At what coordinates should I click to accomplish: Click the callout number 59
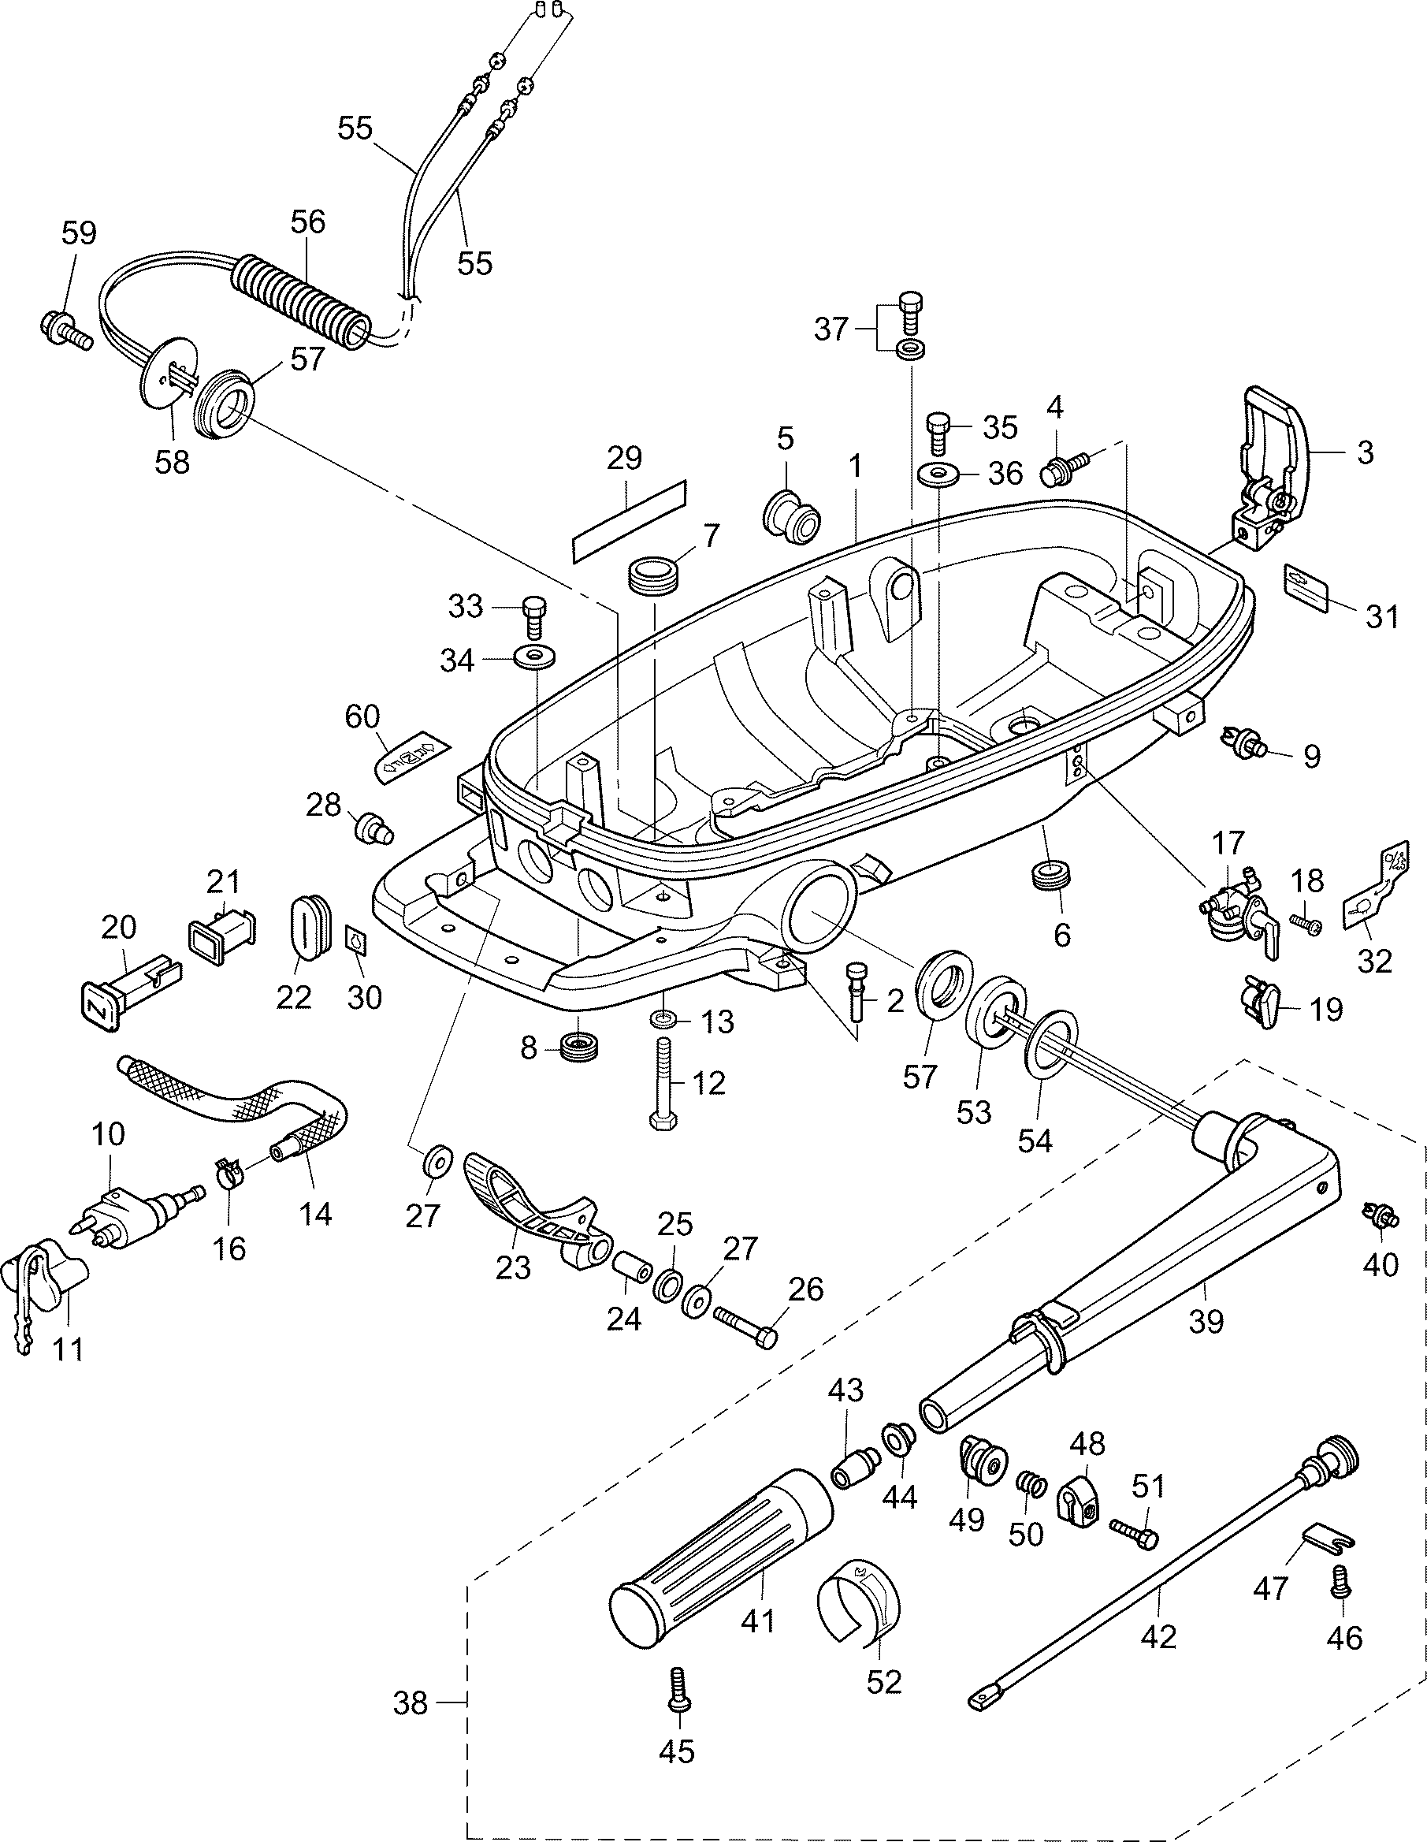point(80,233)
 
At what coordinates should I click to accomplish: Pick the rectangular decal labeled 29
point(629,522)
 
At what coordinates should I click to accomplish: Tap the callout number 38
point(411,1705)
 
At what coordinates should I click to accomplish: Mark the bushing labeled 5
point(790,512)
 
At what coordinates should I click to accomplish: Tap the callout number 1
point(855,467)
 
